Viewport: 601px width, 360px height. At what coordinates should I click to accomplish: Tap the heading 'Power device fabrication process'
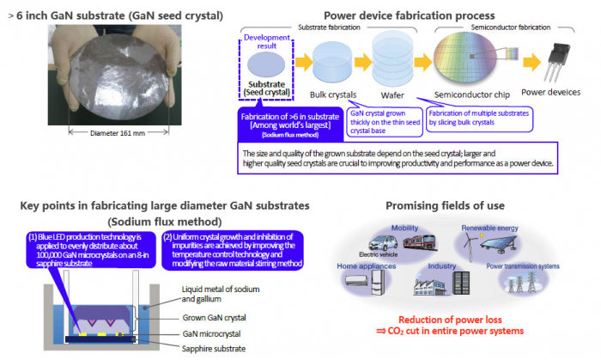pyautogui.click(x=409, y=15)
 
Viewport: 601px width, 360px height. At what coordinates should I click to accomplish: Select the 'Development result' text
pyautogui.click(x=269, y=42)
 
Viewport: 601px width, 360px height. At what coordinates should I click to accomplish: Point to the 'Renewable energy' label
pyautogui.click(x=491, y=228)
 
